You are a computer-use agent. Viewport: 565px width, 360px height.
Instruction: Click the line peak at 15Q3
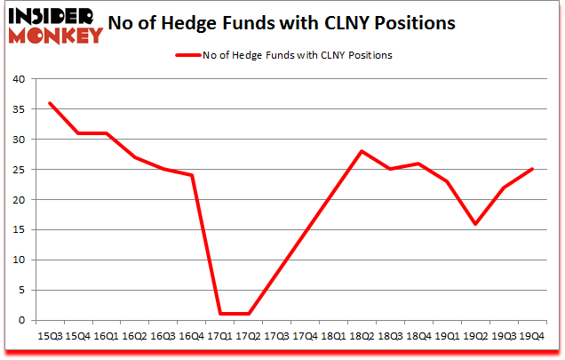pos(49,102)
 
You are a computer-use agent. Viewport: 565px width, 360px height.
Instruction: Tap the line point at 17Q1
pos(219,314)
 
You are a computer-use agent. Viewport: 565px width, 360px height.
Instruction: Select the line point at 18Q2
pos(362,151)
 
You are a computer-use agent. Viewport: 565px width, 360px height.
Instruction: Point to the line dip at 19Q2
pos(475,223)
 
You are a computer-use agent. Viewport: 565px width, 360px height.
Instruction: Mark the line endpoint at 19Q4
pos(532,169)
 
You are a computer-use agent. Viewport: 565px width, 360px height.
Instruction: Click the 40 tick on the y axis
pos(17,79)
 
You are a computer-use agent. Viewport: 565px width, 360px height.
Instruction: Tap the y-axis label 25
pos(17,170)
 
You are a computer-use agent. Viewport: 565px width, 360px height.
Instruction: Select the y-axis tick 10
pos(17,260)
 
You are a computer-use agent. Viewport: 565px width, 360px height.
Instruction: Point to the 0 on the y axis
pos(20,320)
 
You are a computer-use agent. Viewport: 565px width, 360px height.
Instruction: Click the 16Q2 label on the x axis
pos(134,336)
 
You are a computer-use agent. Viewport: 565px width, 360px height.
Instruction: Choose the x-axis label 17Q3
pos(276,336)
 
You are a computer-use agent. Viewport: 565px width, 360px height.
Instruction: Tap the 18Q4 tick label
pos(418,336)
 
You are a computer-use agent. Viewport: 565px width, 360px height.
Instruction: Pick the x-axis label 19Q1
pos(447,336)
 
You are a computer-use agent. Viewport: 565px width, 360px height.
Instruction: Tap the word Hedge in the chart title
pos(209,22)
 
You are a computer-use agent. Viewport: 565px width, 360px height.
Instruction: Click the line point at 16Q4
pos(191,175)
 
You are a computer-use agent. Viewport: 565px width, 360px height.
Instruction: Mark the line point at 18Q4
pos(418,163)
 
